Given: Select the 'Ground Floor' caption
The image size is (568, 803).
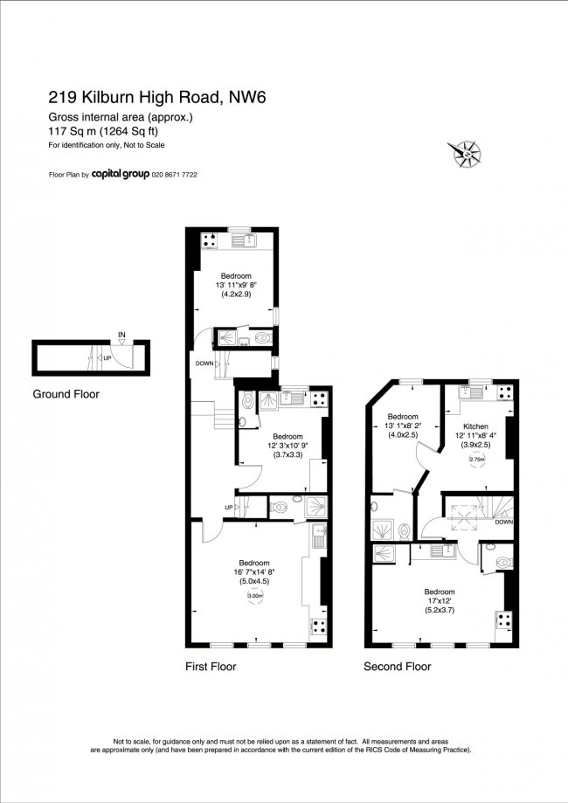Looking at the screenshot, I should [x=66, y=394].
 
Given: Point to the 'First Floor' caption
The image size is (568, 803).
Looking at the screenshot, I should [x=211, y=667].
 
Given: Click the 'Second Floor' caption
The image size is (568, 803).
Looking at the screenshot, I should [x=398, y=667].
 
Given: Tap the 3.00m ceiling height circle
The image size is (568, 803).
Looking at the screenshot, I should [x=254, y=596].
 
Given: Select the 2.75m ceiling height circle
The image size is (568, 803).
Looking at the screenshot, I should [x=477, y=460].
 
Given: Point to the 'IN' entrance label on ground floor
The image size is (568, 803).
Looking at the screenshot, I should [x=122, y=334].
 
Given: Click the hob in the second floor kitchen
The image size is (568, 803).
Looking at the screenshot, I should [x=504, y=393].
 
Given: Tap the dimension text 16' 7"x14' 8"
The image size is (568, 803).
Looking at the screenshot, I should [x=254, y=573].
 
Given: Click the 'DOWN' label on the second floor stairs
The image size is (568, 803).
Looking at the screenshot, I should [x=503, y=523].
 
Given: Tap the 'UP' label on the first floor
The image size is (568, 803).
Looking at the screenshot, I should [x=229, y=507].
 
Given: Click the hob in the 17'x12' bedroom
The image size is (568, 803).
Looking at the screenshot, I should [x=503, y=620].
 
